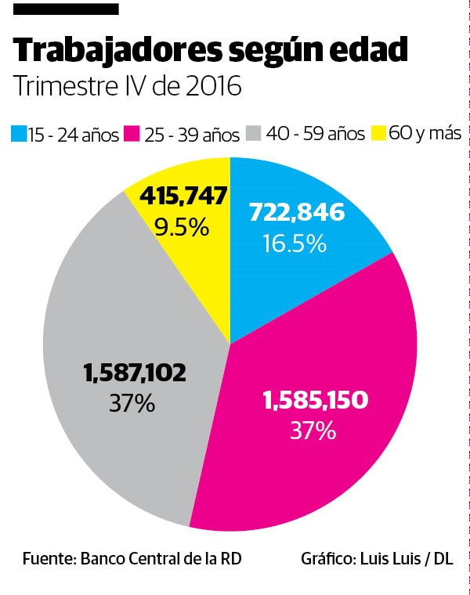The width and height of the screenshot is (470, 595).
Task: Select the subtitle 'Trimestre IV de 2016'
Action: pos(127,85)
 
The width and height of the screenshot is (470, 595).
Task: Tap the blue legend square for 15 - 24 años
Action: pos(19,134)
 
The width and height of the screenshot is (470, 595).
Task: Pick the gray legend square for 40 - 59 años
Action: pos(254,134)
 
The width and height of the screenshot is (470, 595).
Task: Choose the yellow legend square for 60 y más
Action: pos(378,134)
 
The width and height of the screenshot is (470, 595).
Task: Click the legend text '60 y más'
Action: pos(425,133)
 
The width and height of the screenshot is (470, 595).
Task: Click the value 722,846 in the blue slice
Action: pos(296,212)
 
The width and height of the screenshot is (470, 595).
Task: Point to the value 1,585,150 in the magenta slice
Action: pos(315,400)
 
